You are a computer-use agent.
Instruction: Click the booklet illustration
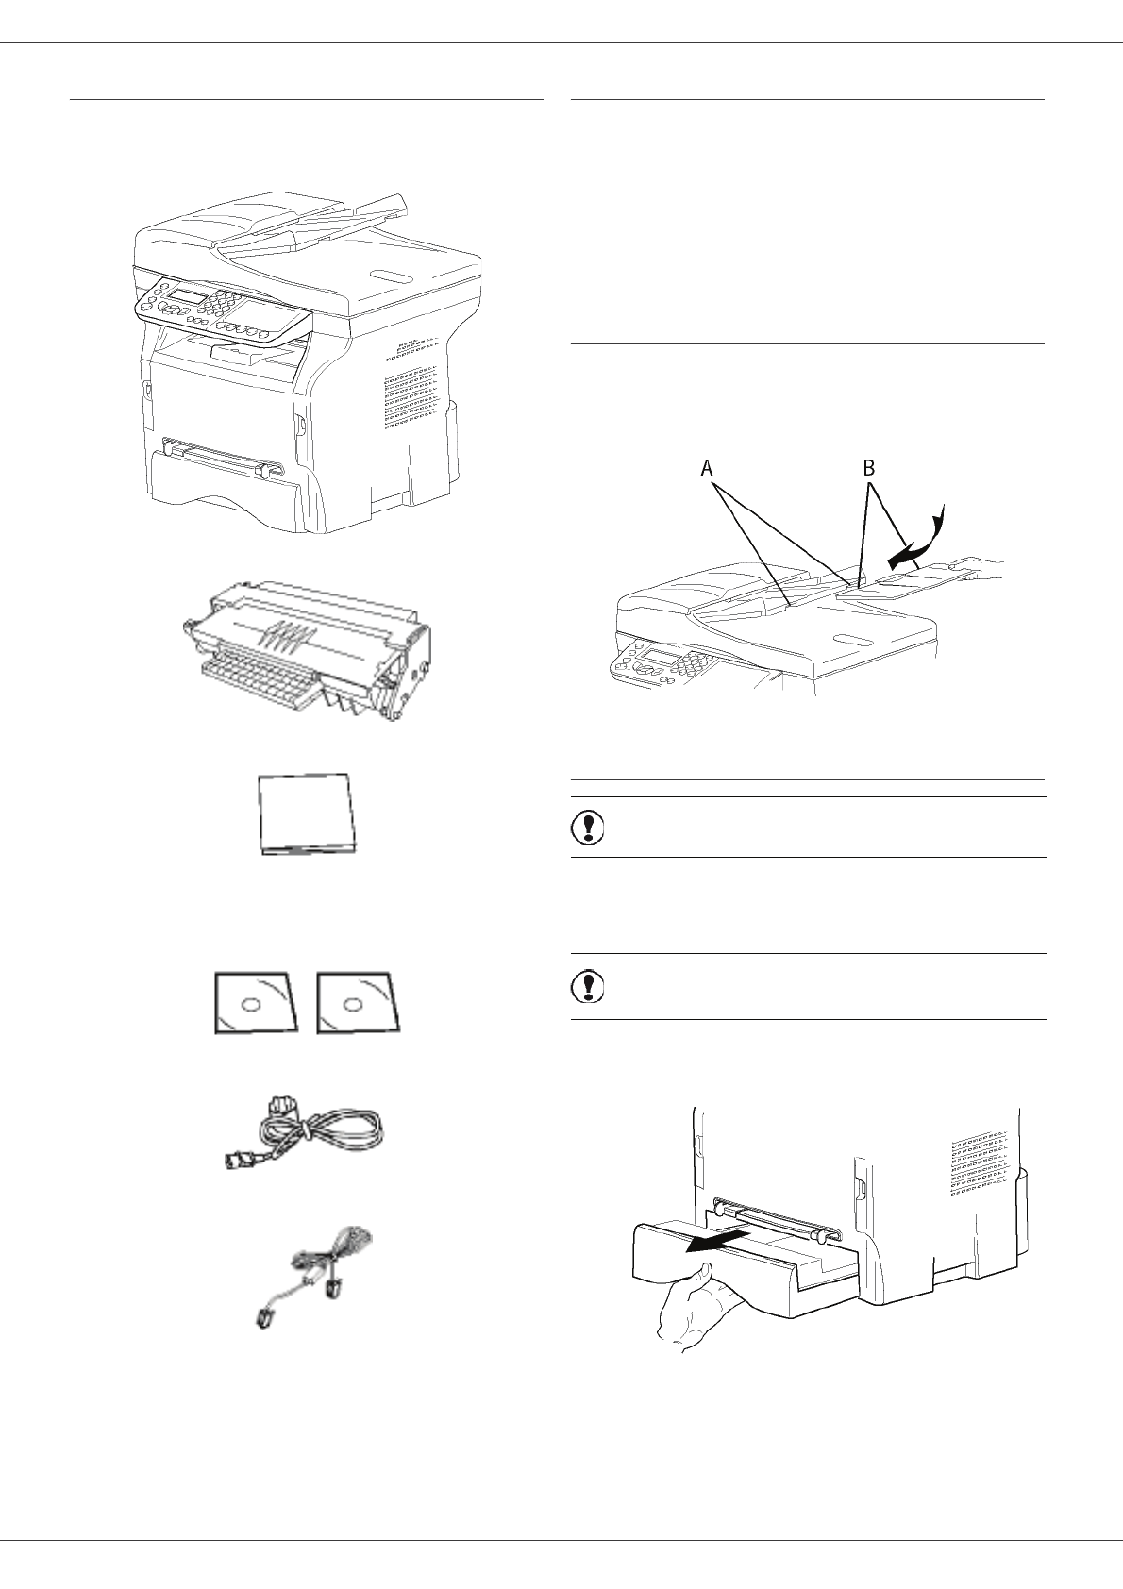(308, 815)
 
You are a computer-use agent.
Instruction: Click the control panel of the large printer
(222, 307)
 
